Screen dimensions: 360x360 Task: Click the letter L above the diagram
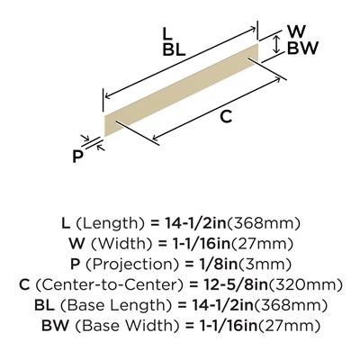tap(167, 34)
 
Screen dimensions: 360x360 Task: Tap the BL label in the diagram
tap(175, 49)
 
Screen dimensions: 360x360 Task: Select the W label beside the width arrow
tap(296, 31)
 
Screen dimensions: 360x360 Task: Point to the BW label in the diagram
tap(302, 49)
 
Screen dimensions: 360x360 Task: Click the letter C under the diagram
tap(226, 116)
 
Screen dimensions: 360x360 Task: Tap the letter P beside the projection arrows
tap(77, 156)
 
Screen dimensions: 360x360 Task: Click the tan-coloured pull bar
tap(181, 90)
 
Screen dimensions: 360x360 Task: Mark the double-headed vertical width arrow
tap(277, 44)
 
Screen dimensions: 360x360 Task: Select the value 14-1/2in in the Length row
tap(195, 223)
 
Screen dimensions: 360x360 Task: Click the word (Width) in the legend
tap(121, 244)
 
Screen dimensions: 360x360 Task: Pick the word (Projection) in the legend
tap(133, 265)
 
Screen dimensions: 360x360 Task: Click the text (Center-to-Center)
tap(109, 285)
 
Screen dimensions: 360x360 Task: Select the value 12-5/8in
tap(233, 284)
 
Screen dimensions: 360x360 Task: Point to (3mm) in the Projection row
tap(265, 265)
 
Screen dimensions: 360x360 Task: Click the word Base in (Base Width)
tap(92, 326)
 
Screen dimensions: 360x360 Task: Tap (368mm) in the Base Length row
tap(291, 305)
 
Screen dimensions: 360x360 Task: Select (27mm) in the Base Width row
tap(289, 326)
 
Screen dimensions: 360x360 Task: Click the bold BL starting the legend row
tap(44, 305)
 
